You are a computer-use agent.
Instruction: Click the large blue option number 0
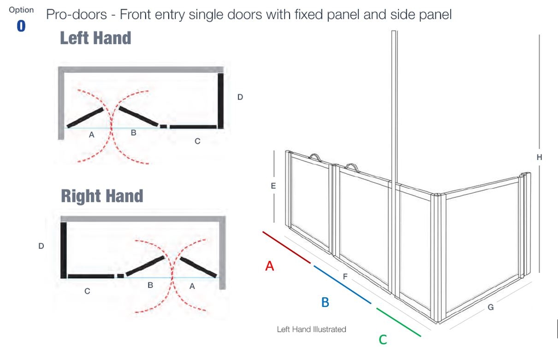(21, 26)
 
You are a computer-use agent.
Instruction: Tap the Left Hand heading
(95, 38)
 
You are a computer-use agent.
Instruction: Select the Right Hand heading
(102, 196)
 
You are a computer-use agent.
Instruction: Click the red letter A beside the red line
(270, 266)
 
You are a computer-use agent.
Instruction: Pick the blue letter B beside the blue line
(325, 302)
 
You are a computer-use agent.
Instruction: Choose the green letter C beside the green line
(383, 340)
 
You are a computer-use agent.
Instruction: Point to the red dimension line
(286, 248)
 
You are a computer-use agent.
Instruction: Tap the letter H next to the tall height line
(540, 157)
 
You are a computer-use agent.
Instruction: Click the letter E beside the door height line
(273, 186)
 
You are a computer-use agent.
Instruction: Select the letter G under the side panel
(491, 307)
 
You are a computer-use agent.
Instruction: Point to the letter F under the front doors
(345, 277)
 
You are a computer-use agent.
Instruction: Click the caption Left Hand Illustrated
(311, 329)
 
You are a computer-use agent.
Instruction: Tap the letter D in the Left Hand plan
(240, 97)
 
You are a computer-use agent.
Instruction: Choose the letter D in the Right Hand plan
(41, 246)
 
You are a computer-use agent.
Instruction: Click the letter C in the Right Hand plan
(87, 291)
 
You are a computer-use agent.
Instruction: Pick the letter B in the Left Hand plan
(133, 133)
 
